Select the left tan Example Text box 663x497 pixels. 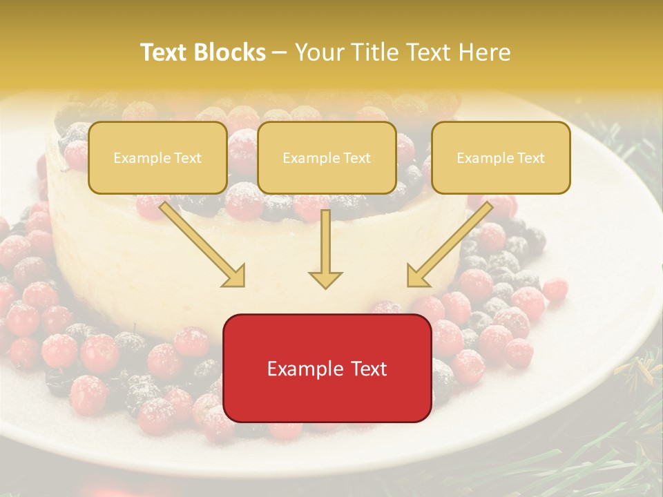157,157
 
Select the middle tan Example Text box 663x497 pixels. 327,157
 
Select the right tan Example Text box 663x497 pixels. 501,157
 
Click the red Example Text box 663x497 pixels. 327,368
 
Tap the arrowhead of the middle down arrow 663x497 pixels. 325,279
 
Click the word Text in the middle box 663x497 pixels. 356,158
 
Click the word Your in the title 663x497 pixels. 317,52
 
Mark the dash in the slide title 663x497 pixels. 279,52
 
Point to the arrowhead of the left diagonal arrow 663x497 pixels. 235,276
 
